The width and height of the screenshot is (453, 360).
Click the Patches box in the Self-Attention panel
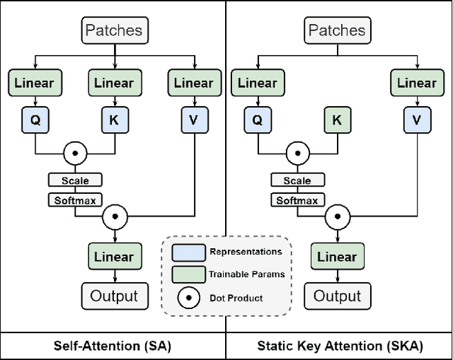point(113,30)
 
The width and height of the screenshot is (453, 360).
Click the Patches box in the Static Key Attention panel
point(336,30)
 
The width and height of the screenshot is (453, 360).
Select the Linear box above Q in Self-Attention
point(35,83)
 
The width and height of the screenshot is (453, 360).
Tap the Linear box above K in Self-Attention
point(114,83)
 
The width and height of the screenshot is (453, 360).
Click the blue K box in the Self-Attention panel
point(114,120)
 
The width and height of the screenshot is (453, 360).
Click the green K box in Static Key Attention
point(337,120)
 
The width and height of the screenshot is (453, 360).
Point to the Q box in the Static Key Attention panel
point(258,120)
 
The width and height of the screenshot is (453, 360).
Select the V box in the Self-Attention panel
point(195,120)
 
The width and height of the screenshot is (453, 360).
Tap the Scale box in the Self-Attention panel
point(74,180)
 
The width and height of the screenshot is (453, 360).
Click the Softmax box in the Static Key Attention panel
point(297,200)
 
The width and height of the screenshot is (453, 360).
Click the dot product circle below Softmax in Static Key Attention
point(337,216)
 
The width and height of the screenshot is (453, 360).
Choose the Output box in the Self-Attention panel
point(114,296)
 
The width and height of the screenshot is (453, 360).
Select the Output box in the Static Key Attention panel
point(337,296)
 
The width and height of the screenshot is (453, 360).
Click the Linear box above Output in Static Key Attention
point(337,256)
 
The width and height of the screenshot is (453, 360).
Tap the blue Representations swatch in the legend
point(188,252)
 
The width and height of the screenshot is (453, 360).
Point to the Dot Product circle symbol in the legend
point(188,298)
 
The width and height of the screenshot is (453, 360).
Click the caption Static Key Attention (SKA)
point(339,346)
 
